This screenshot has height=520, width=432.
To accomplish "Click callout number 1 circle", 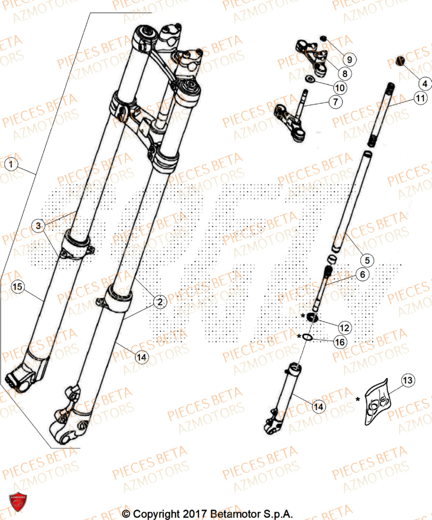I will click(11, 165).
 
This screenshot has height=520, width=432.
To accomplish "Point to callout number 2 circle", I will click(160, 301).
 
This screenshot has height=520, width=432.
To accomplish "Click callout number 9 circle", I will click(349, 59).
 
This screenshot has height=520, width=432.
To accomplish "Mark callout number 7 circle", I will click(335, 102).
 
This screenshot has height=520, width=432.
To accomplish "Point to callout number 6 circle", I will click(363, 275).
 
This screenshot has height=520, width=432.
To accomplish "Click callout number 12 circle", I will click(343, 327).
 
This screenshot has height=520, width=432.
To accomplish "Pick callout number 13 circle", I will click(408, 381).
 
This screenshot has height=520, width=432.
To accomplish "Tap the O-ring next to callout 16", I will click(307, 337).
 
